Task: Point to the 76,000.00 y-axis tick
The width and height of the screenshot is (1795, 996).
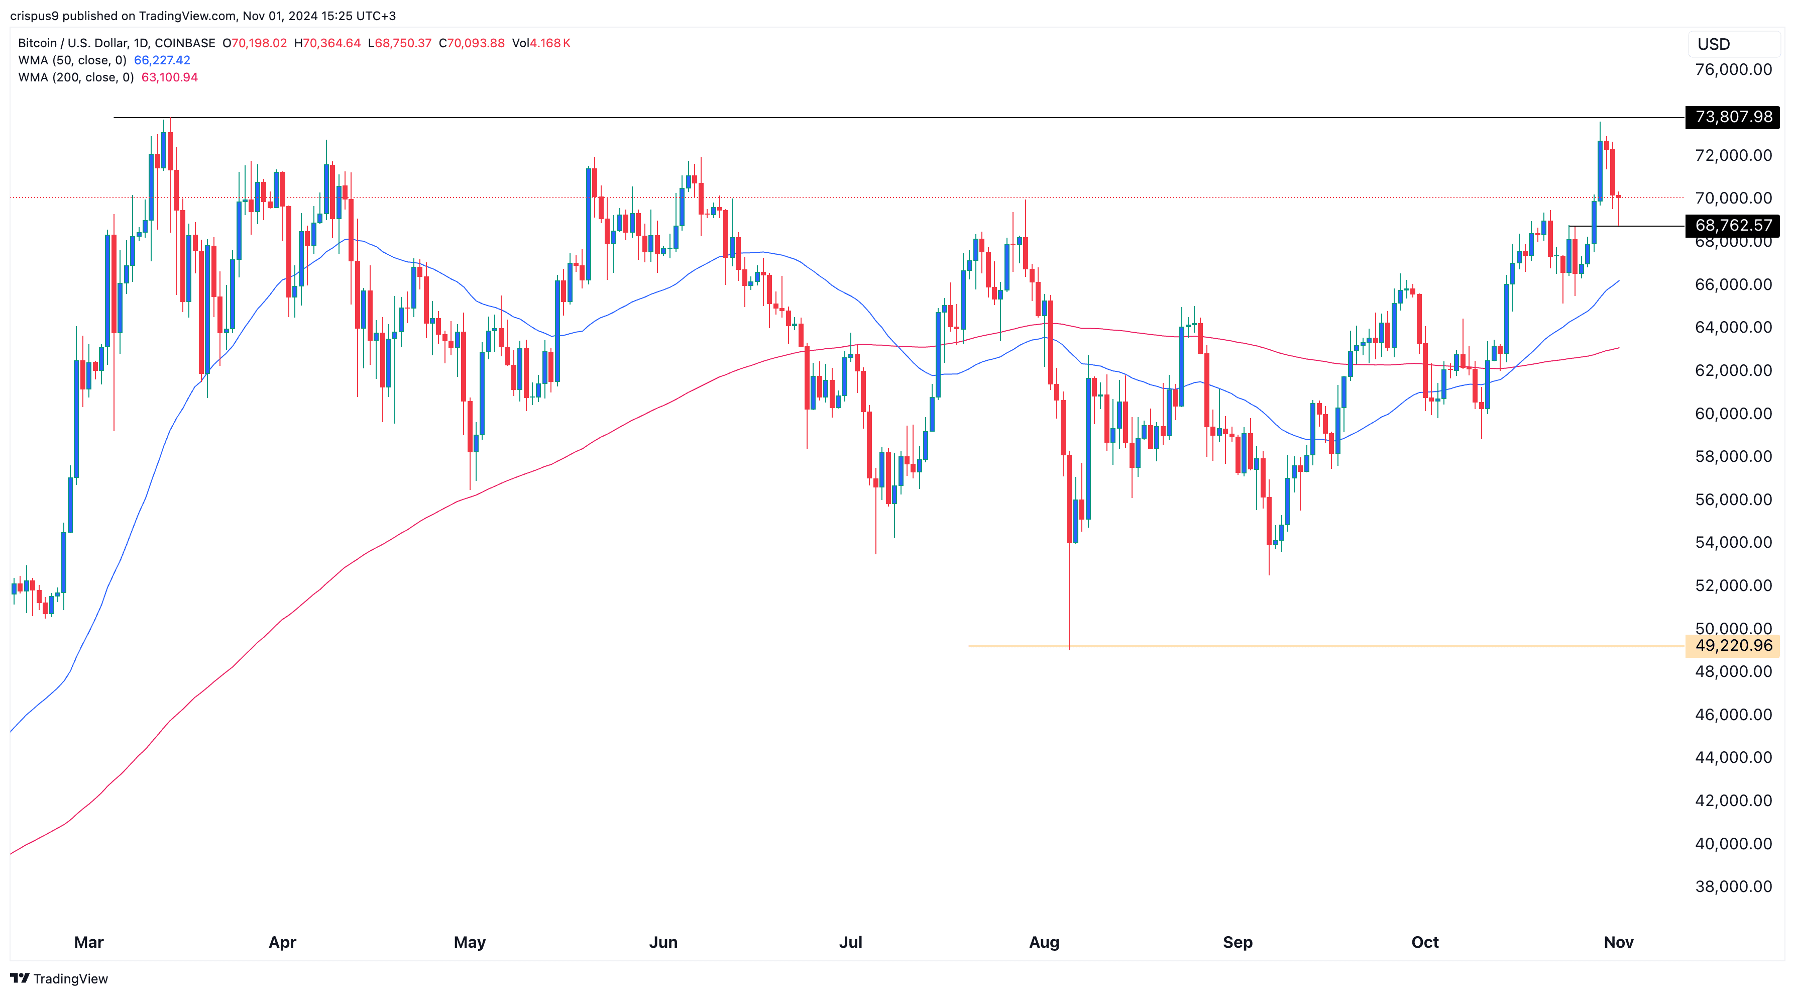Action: [x=1733, y=70]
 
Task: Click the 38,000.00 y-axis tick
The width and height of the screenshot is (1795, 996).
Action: [x=1733, y=886]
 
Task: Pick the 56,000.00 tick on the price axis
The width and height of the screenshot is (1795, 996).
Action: [x=1733, y=500]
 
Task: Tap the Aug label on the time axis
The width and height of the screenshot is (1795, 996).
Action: [x=1044, y=942]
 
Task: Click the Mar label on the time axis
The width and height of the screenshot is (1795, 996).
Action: [x=88, y=942]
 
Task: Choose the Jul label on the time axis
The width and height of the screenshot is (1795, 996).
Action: [x=850, y=942]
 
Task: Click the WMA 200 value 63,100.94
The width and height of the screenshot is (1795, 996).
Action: [x=169, y=77]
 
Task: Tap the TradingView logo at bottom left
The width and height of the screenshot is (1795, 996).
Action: [x=59, y=978]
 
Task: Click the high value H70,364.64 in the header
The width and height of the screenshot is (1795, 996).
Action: [x=327, y=43]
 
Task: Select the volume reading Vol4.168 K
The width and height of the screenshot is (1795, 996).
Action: [x=541, y=43]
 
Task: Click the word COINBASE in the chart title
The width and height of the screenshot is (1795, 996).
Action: [x=185, y=43]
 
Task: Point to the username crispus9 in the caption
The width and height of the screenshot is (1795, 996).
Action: [x=34, y=16]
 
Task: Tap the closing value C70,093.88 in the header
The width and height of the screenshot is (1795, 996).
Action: [x=472, y=43]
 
